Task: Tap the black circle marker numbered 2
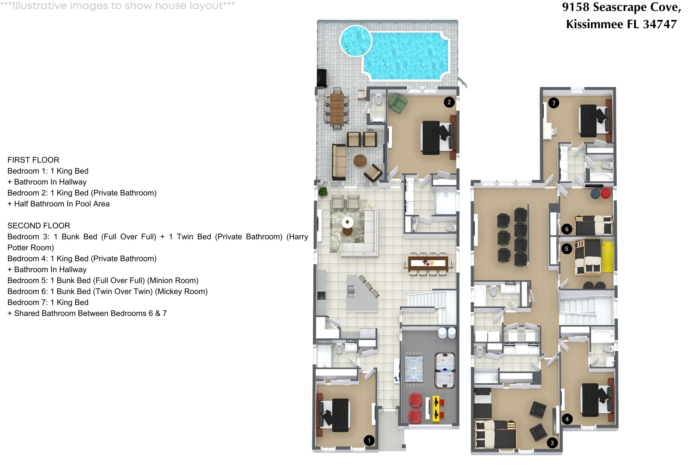click(449, 102)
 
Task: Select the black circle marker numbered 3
click(552, 443)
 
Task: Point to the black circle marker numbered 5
click(566, 249)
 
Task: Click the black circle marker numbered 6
click(566, 229)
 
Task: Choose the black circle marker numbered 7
click(553, 103)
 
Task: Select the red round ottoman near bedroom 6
click(606, 193)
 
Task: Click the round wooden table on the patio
click(360, 161)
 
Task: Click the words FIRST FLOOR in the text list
click(33, 160)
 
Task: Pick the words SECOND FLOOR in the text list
click(39, 226)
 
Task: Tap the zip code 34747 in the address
click(660, 24)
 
